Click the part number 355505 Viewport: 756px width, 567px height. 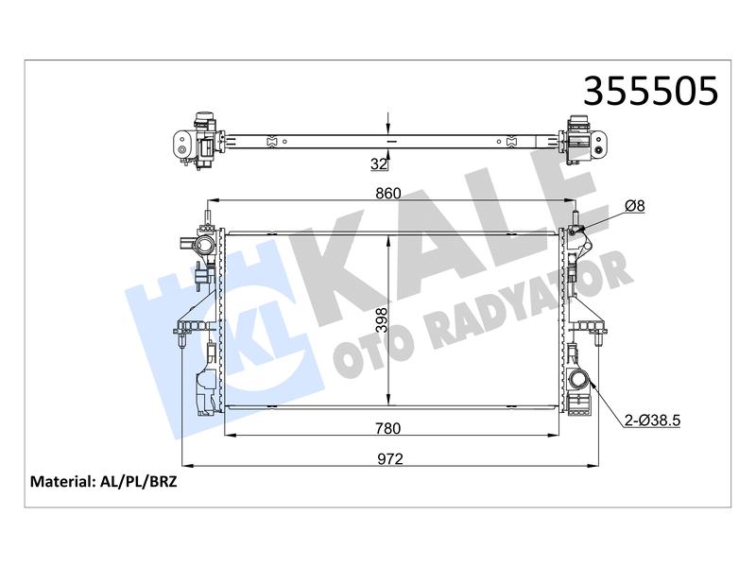tap(650, 91)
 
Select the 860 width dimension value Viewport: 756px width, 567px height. tap(388, 194)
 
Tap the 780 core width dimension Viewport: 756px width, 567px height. tap(388, 428)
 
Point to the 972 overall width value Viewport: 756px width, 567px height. tap(390, 458)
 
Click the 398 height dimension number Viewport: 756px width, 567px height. tap(382, 320)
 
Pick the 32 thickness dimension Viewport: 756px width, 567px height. tap(379, 163)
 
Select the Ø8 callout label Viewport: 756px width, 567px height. tap(634, 206)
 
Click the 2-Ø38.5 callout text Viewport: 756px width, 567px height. tap(652, 421)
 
